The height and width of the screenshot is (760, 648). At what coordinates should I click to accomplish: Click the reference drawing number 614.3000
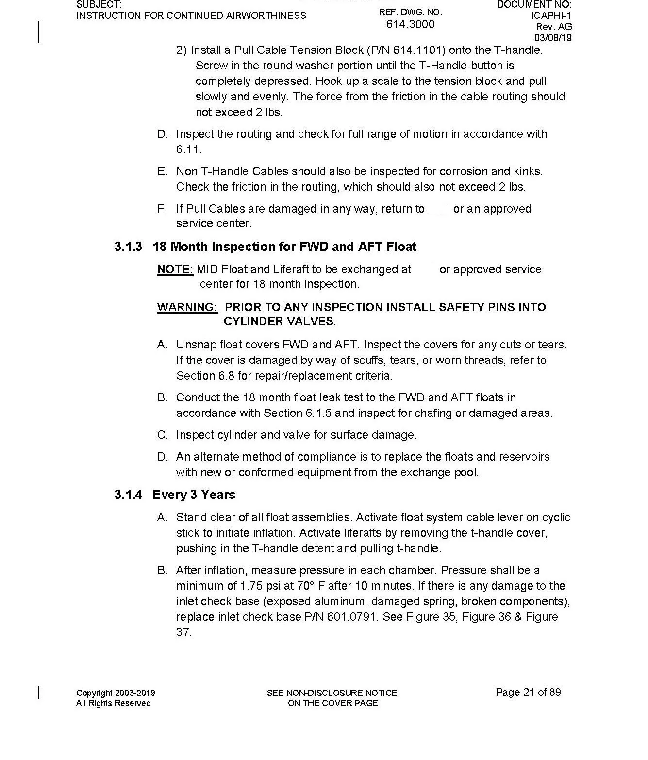[x=410, y=24]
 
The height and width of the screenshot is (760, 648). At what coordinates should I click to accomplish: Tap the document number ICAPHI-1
[x=551, y=16]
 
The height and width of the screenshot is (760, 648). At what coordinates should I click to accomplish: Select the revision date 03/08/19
[x=553, y=38]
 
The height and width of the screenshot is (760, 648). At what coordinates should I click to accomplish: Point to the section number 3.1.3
[x=128, y=247]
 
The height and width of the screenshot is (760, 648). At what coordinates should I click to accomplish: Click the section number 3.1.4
[x=128, y=495]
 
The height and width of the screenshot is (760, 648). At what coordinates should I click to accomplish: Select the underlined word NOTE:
[x=175, y=270]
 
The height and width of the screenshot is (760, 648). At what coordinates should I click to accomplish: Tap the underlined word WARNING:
[x=187, y=307]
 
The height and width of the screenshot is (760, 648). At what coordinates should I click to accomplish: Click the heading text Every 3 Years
[x=194, y=495]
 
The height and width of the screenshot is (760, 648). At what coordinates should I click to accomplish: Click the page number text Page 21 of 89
[x=528, y=693]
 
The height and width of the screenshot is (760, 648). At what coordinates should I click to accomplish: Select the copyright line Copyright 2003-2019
[x=116, y=693]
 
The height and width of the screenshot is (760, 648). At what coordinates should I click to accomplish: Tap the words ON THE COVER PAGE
[x=332, y=703]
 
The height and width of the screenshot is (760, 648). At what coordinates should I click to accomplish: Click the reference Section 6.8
[x=205, y=376]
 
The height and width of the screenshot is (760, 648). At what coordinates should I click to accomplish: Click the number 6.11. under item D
[x=189, y=149]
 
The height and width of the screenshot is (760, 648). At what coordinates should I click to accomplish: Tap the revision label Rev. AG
[x=554, y=27]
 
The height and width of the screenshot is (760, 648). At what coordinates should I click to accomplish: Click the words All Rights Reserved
[x=113, y=704]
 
